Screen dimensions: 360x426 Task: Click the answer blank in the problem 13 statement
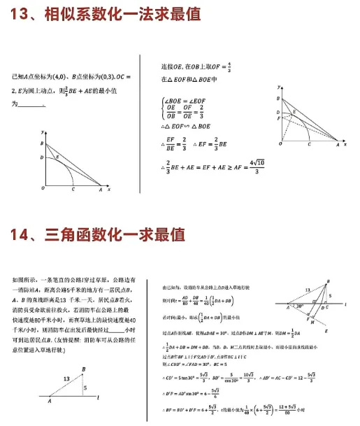click(x=32, y=105)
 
